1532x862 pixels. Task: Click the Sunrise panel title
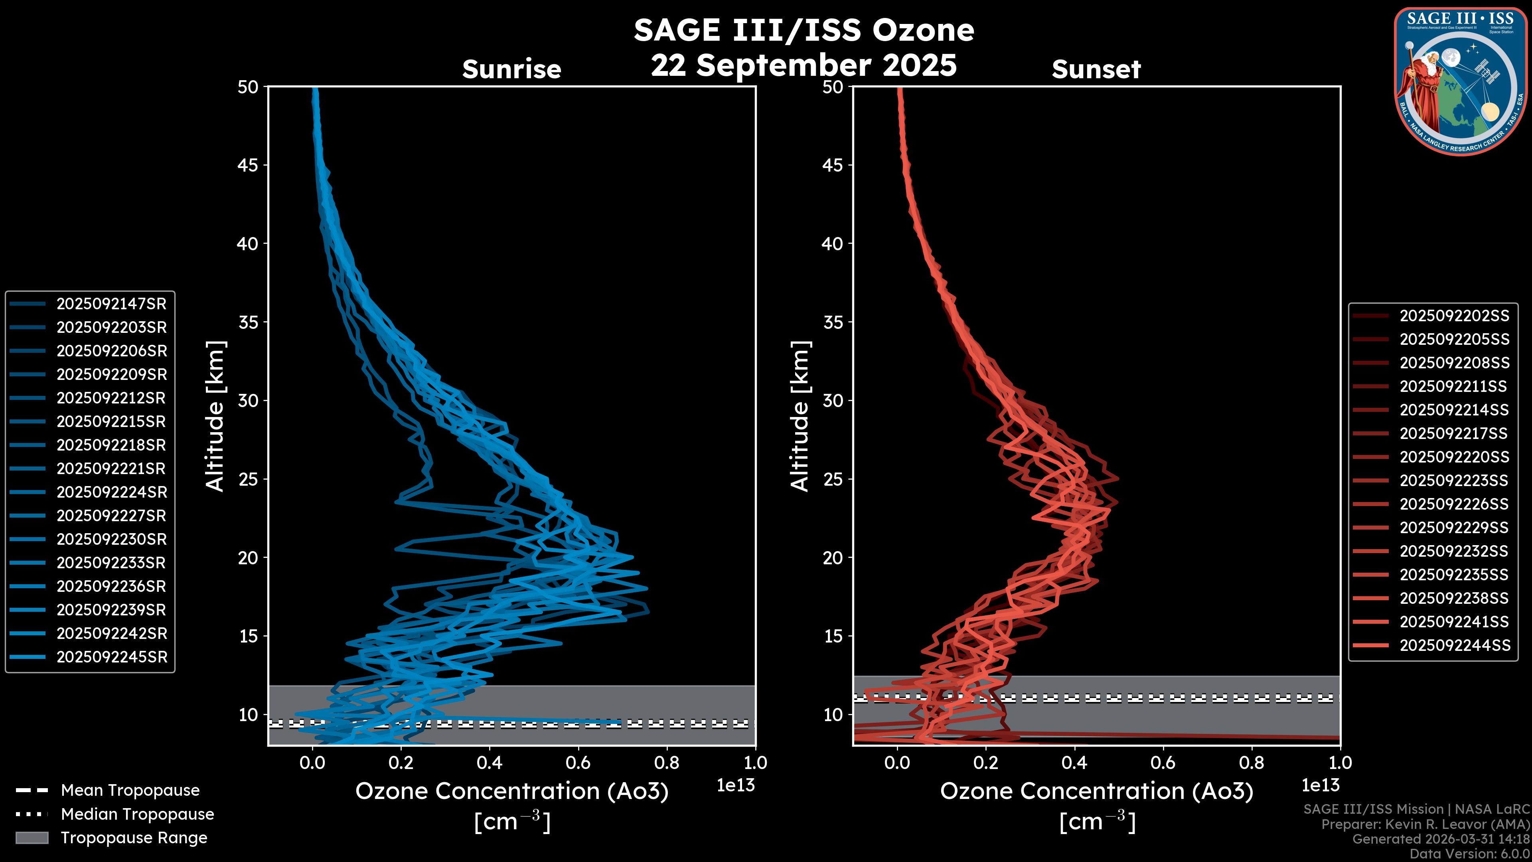[x=511, y=69]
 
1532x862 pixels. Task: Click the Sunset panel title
[x=1096, y=69]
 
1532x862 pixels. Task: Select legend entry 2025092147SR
[x=111, y=304]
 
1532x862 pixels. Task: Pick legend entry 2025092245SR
[x=112, y=657]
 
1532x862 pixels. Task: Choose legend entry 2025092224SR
[x=112, y=492]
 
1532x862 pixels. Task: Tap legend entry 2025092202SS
[x=1454, y=316]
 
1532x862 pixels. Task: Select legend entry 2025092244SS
[x=1454, y=645]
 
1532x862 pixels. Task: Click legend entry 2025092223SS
[x=1454, y=480]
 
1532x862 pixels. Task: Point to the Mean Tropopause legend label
[x=130, y=791]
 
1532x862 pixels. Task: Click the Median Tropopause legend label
[x=137, y=815]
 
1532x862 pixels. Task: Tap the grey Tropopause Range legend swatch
[x=32, y=838]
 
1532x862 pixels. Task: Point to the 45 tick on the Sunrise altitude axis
[x=248, y=165]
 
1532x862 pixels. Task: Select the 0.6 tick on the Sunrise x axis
[x=578, y=763]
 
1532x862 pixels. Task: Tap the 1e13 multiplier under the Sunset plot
[x=1320, y=785]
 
